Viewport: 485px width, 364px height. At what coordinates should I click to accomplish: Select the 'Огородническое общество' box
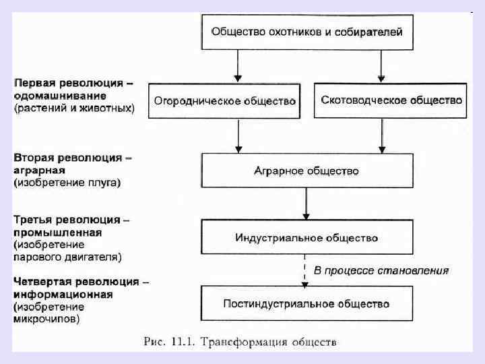[x=225, y=101]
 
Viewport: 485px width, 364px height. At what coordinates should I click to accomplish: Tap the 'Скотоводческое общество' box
[x=390, y=100]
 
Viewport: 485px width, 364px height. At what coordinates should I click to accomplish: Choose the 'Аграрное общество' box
[x=306, y=171]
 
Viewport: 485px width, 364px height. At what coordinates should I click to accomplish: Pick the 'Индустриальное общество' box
[x=306, y=237]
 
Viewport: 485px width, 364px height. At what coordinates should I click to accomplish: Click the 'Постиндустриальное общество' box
[x=306, y=304]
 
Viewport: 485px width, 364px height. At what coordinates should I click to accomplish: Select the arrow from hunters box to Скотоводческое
[x=381, y=66]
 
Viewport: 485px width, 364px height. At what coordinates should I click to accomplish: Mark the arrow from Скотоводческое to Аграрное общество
[x=381, y=135]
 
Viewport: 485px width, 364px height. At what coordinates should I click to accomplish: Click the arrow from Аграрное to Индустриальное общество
[x=306, y=204]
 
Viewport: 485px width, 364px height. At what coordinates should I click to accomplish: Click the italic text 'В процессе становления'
[x=381, y=270]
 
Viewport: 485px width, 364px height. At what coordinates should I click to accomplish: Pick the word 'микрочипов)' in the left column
[x=46, y=319]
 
